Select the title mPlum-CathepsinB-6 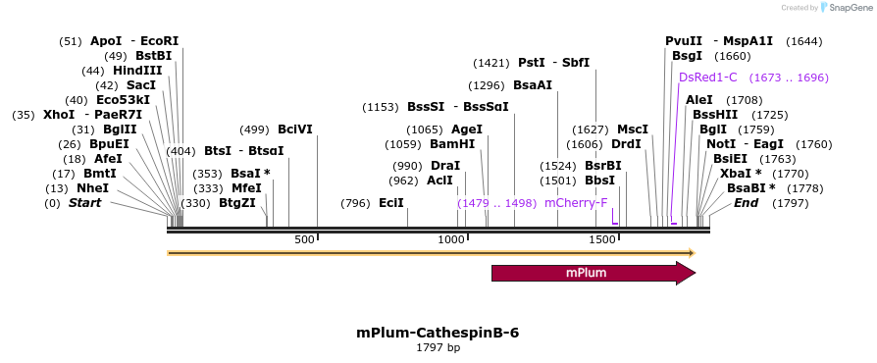pyautogui.click(x=438, y=333)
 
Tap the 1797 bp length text pyautogui.click(x=438, y=348)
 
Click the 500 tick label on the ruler pyautogui.click(x=303, y=240)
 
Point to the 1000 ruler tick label pyautogui.click(x=451, y=240)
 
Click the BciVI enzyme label pyautogui.click(x=294, y=130)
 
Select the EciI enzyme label pyautogui.click(x=391, y=203)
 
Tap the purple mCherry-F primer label pyautogui.click(x=576, y=203)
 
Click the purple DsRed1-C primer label pyautogui.click(x=707, y=78)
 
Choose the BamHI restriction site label pyautogui.click(x=452, y=144)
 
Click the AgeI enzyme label pyautogui.click(x=467, y=130)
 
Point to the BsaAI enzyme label pyautogui.click(x=533, y=85)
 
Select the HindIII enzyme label pyautogui.click(x=136, y=71)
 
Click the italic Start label pyautogui.click(x=84, y=203)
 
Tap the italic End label pyautogui.click(x=746, y=203)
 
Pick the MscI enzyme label pyautogui.click(x=633, y=130)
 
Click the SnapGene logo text pyautogui.click(x=846, y=7)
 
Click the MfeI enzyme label pyautogui.click(x=246, y=188)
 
